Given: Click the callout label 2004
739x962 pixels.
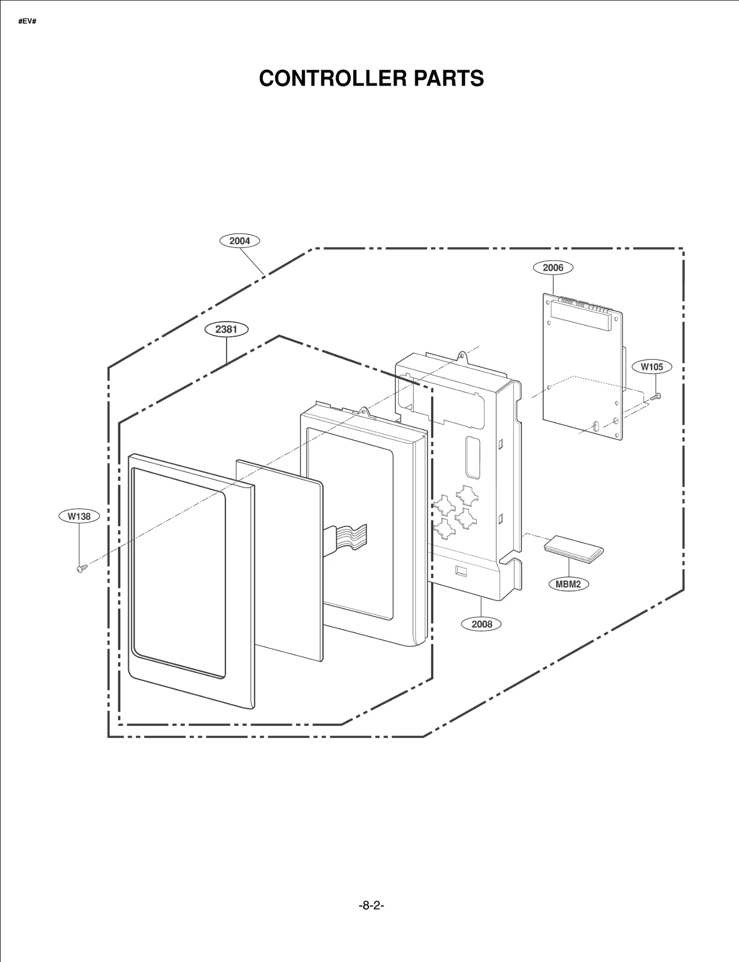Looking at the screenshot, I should click(239, 241).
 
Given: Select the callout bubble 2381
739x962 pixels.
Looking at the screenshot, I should click(226, 329).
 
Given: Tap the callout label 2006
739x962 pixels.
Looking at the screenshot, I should click(553, 267).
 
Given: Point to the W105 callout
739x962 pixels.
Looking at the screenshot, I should click(652, 367).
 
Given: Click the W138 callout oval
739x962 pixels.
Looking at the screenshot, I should click(79, 516).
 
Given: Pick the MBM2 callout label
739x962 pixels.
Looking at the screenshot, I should click(568, 584).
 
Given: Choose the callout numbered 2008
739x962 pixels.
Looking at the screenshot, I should click(482, 624).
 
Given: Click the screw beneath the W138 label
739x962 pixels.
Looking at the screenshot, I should click(81, 569).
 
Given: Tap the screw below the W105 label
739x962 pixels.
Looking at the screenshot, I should click(656, 396).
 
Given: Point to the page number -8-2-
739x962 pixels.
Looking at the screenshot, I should click(371, 905).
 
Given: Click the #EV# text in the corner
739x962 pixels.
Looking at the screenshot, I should click(27, 22).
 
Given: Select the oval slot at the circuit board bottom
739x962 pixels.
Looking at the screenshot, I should click(595, 425).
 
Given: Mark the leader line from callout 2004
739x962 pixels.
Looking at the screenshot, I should click(252, 261).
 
